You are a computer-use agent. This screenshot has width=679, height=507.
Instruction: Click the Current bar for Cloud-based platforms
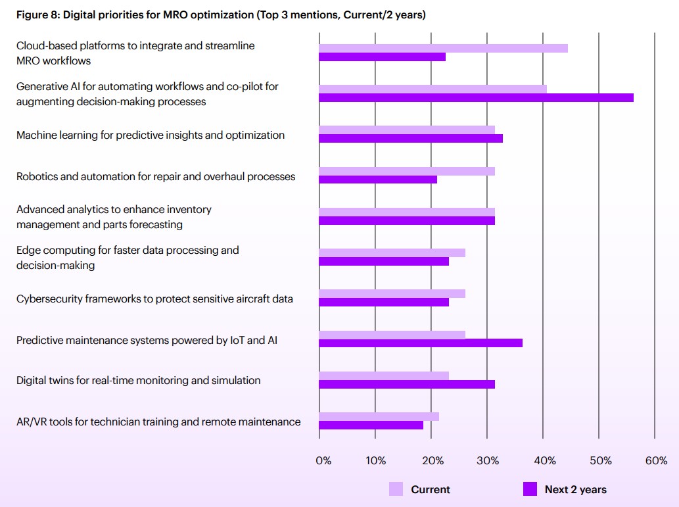point(443,48)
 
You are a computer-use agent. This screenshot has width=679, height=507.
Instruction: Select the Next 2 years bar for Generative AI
point(476,98)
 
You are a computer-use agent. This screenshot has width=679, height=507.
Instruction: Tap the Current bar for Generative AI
point(433,89)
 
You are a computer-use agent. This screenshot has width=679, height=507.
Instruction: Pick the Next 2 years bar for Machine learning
point(411,139)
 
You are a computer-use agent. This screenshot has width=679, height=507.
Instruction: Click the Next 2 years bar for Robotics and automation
point(378,180)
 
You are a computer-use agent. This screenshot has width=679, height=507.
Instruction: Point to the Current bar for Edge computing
point(392,253)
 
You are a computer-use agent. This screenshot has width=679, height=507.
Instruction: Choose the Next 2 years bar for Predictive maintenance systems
point(421,343)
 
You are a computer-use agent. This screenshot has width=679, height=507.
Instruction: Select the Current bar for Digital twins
point(384,375)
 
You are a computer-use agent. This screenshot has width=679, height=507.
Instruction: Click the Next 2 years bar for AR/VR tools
point(371,425)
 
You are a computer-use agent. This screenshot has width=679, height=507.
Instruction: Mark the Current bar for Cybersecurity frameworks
point(392,293)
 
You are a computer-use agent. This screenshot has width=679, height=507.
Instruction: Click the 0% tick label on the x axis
point(323,461)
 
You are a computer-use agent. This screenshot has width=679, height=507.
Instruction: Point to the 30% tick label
point(488,461)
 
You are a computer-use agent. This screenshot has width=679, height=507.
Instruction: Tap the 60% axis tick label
point(656,461)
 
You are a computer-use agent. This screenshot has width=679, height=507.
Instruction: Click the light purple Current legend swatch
point(396,489)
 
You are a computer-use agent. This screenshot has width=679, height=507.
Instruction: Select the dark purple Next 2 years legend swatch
point(530,489)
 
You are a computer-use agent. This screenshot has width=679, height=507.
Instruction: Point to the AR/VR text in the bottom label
point(32,422)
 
